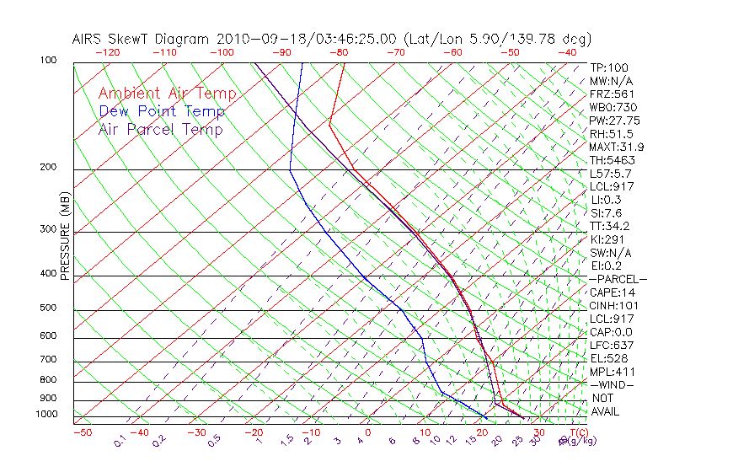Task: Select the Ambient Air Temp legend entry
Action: pyautogui.click(x=167, y=94)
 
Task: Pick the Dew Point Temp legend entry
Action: pyautogui.click(x=162, y=111)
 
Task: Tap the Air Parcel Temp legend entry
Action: pyautogui.click(x=160, y=129)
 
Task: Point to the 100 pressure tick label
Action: pyautogui.click(x=48, y=61)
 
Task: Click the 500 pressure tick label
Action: pyautogui.click(x=48, y=308)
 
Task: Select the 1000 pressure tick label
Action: pyautogui.click(x=45, y=415)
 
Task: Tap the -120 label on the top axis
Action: pyautogui.click(x=107, y=52)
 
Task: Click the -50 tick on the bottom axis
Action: pyautogui.click(x=82, y=432)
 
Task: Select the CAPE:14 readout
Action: pyautogui.click(x=613, y=292)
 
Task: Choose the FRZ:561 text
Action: pyautogui.click(x=612, y=94)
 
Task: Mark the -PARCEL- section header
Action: pyautogui.click(x=618, y=279)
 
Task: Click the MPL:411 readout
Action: pyautogui.click(x=612, y=372)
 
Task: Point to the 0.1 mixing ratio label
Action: pyautogui.click(x=120, y=440)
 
